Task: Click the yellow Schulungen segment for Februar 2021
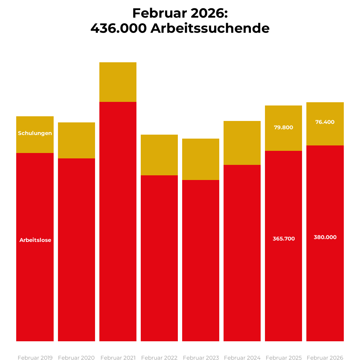(118, 82)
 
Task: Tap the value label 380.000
(325, 237)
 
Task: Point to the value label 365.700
(284, 239)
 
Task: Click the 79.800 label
(284, 127)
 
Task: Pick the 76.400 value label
(325, 122)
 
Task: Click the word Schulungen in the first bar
(35, 133)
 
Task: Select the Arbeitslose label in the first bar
(35, 240)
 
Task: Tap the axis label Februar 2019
(35, 358)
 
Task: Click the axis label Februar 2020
(76, 358)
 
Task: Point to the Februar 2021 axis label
(118, 358)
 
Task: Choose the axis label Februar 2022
(159, 358)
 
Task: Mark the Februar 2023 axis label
(201, 358)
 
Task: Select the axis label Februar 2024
(242, 358)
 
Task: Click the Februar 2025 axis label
(284, 358)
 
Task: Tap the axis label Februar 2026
(325, 358)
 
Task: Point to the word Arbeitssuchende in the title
(210, 28)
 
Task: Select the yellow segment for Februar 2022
(159, 155)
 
